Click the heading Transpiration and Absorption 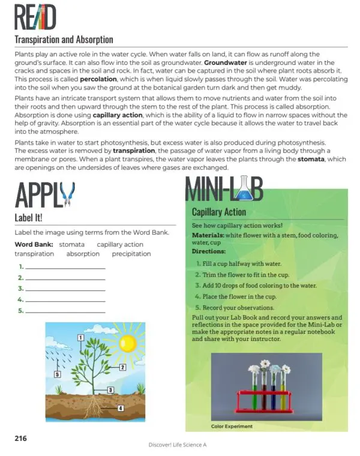coord(64,40)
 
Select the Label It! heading coord(32,217)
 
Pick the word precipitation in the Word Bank coord(131,254)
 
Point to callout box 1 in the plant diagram coord(80,338)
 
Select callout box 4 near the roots coord(120,409)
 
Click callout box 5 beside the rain coord(57,374)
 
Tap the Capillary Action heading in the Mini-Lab coord(218,212)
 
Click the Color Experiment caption coord(232,427)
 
